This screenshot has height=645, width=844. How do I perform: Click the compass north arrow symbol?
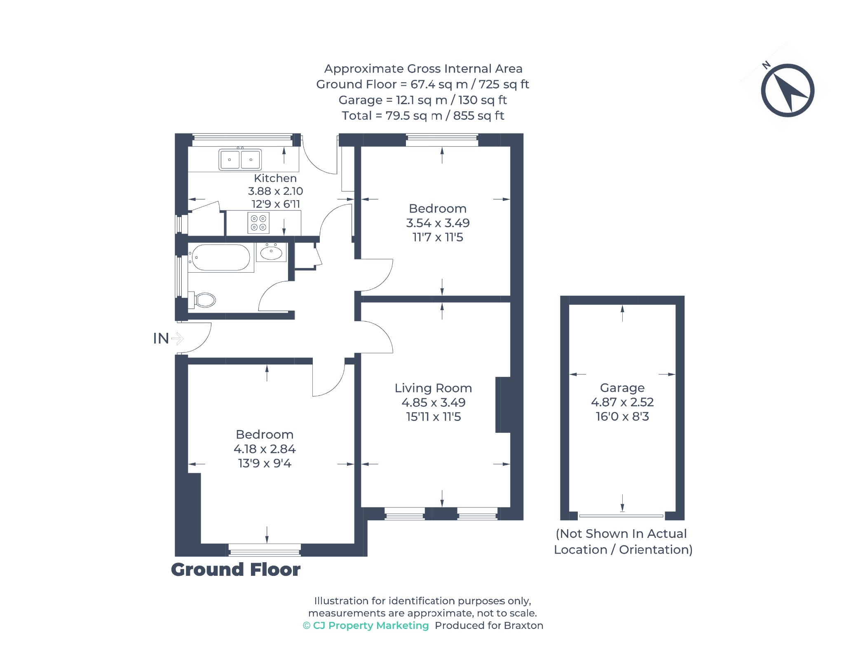point(787,90)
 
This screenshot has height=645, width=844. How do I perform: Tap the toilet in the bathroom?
point(202,300)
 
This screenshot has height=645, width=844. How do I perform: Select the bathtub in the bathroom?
point(221,258)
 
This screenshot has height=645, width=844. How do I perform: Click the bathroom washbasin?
point(271,252)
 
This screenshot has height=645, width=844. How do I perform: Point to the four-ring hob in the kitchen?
point(259,223)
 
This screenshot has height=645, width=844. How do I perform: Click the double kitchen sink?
point(240,159)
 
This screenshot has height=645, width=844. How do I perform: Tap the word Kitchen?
point(275,178)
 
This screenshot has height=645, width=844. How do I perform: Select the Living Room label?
point(433,388)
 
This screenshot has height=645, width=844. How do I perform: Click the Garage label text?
point(622,388)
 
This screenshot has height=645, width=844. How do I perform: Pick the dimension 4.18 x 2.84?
point(265,449)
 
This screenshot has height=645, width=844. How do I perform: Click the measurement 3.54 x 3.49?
point(438,223)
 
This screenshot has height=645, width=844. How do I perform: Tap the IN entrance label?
point(161,338)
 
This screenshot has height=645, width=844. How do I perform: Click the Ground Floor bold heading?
point(236,570)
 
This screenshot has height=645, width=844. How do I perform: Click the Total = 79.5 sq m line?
point(423,116)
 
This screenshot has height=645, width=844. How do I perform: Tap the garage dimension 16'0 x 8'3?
point(622,416)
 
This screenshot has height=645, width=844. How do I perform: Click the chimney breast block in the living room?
point(503,405)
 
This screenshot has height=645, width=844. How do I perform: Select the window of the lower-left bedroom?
point(265,550)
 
